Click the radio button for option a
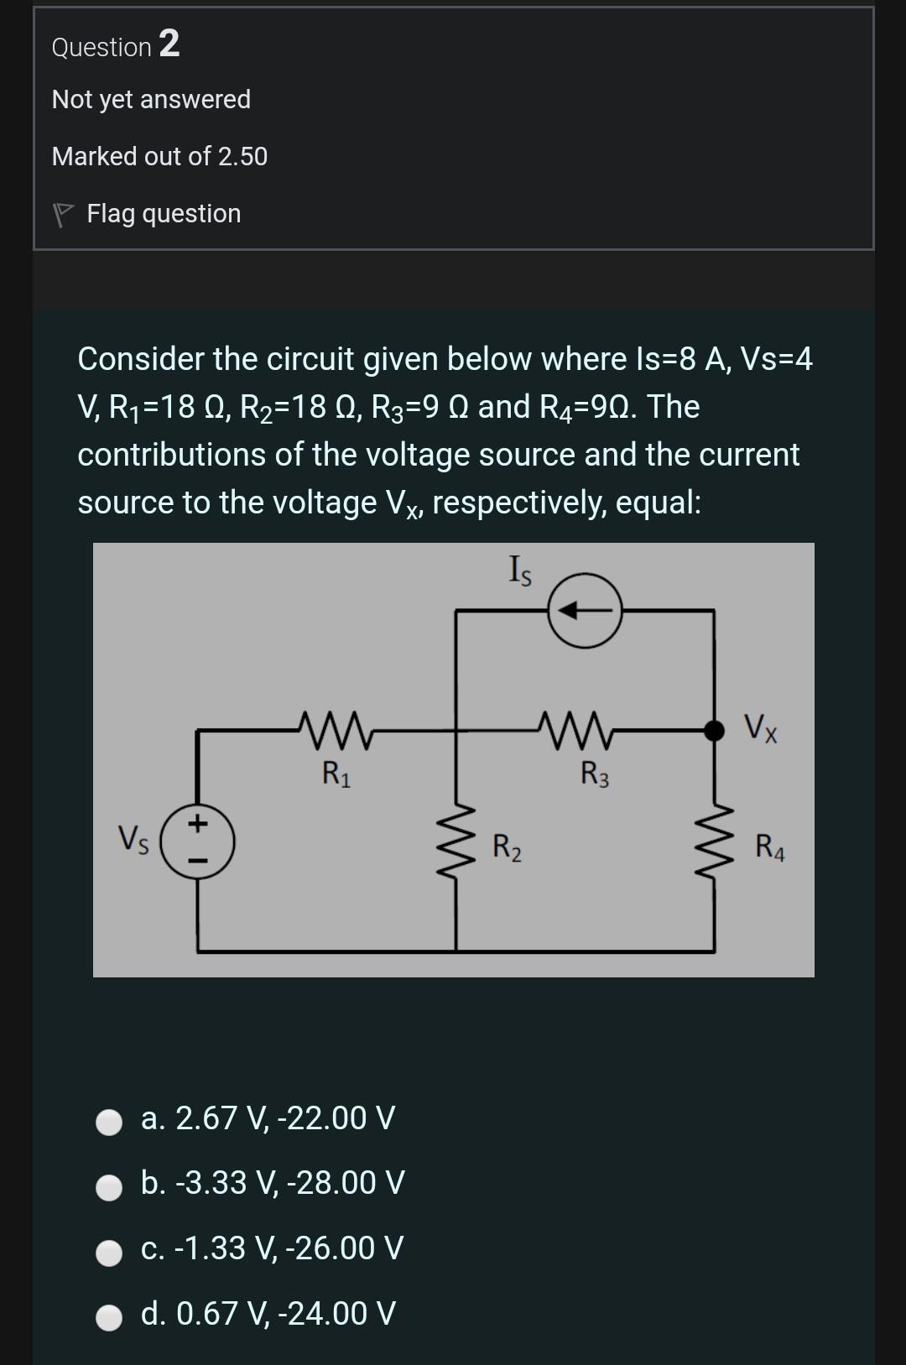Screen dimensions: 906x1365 click(x=109, y=1122)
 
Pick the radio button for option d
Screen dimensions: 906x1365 click(x=109, y=1316)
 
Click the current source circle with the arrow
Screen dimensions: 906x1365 click(x=585, y=612)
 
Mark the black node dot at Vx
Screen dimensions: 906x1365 click(x=714, y=730)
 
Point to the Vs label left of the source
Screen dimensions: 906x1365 click(x=133, y=840)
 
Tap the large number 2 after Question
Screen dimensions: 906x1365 click(x=169, y=44)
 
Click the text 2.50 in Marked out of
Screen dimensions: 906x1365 click(x=242, y=157)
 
